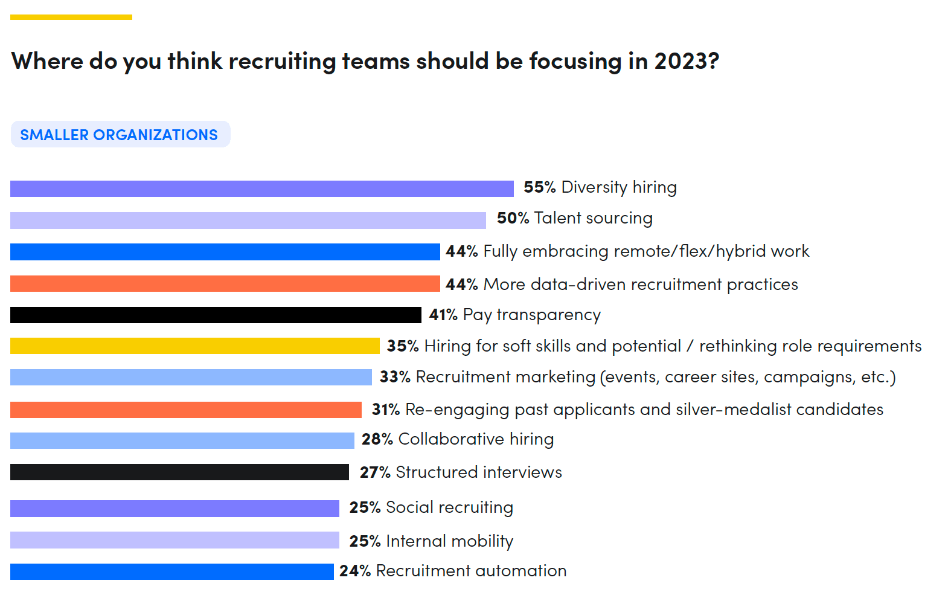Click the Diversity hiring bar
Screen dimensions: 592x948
click(x=261, y=188)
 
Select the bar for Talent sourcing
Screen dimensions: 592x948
click(x=248, y=220)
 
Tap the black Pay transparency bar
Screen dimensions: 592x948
click(x=216, y=315)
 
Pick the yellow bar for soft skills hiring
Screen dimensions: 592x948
click(x=194, y=346)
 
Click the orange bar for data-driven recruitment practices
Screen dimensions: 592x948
click(x=225, y=283)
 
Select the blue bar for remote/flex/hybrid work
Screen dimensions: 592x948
click(x=225, y=251)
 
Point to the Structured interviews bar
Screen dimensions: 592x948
click(x=179, y=472)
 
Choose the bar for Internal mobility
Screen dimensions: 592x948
click(x=175, y=539)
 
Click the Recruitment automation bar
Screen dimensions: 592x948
click(x=171, y=571)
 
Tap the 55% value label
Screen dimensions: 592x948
click(x=539, y=187)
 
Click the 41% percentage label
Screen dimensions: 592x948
click(x=443, y=315)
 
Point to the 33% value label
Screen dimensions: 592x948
click(x=395, y=377)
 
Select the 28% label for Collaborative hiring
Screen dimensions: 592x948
click(x=377, y=439)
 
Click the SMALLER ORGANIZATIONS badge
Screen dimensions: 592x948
click(x=120, y=134)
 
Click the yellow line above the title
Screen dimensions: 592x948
click(x=71, y=17)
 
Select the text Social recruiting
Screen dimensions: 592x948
click(x=449, y=507)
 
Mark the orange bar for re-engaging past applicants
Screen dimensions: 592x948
click(x=185, y=410)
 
